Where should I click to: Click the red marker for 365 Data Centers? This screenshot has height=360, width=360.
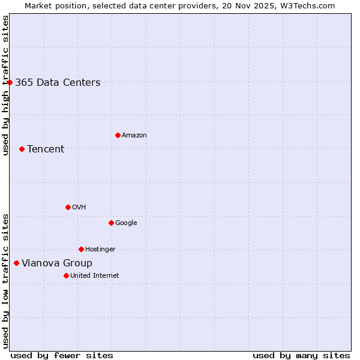(x=10, y=82)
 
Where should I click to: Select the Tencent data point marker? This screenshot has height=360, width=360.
(x=22, y=149)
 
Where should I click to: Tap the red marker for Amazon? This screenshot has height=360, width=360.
(x=118, y=135)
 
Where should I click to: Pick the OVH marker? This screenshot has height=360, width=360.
(x=68, y=207)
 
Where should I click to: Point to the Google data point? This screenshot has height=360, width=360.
(x=111, y=223)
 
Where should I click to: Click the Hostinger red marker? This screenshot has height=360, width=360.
(x=81, y=249)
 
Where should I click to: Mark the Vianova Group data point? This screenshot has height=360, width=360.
(x=16, y=263)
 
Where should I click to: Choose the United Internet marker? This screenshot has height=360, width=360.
(x=66, y=275)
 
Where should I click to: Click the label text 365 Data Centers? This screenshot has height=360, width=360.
(x=58, y=83)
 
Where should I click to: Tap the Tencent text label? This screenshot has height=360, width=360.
(x=46, y=149)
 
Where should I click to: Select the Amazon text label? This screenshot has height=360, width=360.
(x=134, y=136)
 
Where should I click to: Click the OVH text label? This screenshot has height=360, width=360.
(x=79, y=208)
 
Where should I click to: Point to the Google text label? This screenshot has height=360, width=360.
(x=126, y=223)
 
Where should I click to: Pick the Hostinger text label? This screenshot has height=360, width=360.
(x=100, y=250)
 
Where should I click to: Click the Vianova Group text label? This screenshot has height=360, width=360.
(x=57, y=263)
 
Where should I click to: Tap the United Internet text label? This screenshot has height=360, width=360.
(x=95, y=276)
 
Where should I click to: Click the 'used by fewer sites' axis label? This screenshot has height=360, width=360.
(x=62, y=356)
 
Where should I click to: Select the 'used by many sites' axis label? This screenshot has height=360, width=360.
(x=301, y=356)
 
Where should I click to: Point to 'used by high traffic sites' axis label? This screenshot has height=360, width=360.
(x=5, y=85)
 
